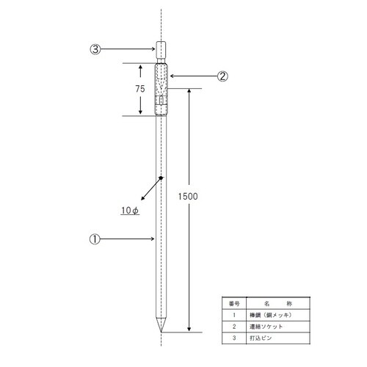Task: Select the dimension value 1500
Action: click(189, 197)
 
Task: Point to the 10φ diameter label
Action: click(130, 211)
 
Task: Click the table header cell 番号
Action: click(233, 302)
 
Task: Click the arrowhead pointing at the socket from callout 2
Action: click(170, 75)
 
